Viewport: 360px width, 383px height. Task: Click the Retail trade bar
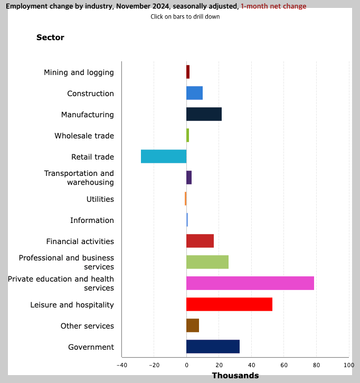click(164, 156)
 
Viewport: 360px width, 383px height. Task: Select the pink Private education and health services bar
click(250, 283)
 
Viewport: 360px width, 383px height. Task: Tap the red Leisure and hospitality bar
click(229, 304)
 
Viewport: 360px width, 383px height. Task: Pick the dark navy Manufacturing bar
click(204, 114)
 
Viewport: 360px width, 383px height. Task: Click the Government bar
click(213, 347)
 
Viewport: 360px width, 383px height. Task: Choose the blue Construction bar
click(194, 93)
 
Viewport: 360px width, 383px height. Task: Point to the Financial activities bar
click(200, 241)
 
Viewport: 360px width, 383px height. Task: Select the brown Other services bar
click(193, 325)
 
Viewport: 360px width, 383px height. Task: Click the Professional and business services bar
click(207, 262)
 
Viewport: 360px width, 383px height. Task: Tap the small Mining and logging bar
click(188, 72)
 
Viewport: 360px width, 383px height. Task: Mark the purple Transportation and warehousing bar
click(189, 178)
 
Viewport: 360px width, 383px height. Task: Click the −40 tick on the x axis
click(121, 365)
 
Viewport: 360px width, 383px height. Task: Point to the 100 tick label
click(348, 365)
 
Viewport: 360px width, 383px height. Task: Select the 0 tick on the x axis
click(186, 365)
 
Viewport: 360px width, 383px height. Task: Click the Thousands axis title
click(235, 376)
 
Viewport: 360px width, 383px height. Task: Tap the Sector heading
click(50, 38)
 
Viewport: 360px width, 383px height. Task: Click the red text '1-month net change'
click(273, 6)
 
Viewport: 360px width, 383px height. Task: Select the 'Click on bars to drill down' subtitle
click(185, 16)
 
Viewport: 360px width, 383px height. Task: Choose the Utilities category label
click(100, 199)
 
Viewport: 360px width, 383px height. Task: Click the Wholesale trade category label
click(84, 136)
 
